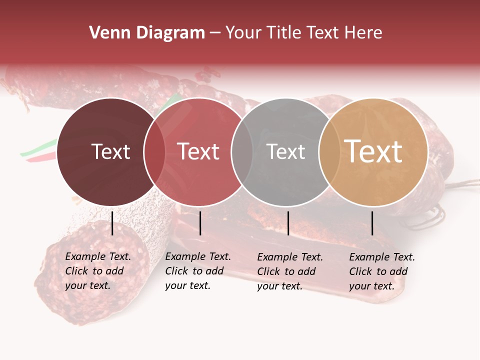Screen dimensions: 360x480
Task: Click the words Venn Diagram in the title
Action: tap(147, 33)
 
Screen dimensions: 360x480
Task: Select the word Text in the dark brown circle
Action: tap(110, 151)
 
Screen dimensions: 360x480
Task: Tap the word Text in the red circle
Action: tap(198, 151)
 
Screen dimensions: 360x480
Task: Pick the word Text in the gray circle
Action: tap(285, 151)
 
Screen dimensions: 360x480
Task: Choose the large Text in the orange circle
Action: tap(373, 151)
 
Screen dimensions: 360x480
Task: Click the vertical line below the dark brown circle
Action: tap(112, 223)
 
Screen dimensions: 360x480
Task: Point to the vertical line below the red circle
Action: tap(200, 223)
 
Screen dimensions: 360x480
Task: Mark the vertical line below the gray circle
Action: tap(288, 223)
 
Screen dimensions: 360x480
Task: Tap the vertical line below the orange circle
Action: tap(372, 223)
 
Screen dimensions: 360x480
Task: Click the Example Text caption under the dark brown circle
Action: tap(97, 271)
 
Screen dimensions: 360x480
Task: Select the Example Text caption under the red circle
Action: tap(197, 271)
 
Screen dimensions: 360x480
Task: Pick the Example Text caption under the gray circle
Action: tap(289, 271)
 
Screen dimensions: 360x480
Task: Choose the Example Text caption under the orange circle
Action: tap(381, 271)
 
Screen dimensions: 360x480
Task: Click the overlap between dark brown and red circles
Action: tap(154, 151)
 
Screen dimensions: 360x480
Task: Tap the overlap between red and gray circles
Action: tap(242, 151)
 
